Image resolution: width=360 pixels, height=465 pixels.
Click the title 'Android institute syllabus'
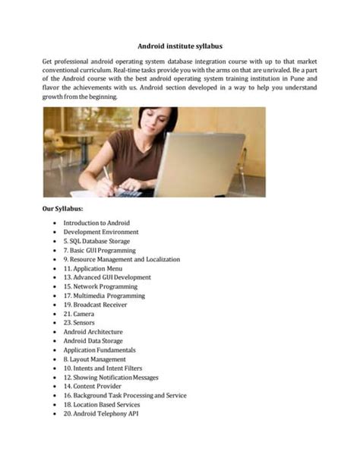click(180, 45)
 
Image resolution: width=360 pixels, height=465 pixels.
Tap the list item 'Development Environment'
click(101, 232)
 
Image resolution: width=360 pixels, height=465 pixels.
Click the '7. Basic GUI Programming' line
click(99, 250)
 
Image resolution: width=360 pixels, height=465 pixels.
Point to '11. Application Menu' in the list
click(93, 268)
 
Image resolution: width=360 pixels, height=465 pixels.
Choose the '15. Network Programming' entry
click(99, 286)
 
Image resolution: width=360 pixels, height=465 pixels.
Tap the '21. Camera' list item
click(78, 314)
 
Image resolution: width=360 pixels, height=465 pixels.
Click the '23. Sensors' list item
click(80, 323)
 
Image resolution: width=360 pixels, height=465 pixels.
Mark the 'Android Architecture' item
click(93, 332)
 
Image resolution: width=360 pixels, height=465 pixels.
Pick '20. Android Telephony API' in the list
click(100, 414)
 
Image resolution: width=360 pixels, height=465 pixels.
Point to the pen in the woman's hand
click(109, 176)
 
